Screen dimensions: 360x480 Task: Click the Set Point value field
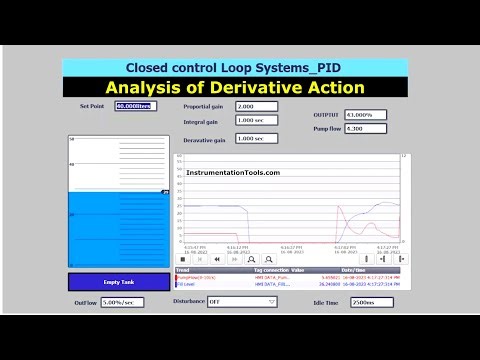(135, 105)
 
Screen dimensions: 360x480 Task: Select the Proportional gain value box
(255, 105)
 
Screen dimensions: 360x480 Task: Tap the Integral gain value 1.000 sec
(255, 121)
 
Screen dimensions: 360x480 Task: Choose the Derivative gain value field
(255, 139)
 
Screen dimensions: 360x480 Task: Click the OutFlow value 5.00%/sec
(120, 301)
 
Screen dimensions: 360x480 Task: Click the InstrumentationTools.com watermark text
(232, 172)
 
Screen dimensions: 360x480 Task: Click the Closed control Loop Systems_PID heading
(233, 67)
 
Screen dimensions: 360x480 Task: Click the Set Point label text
(92, 105)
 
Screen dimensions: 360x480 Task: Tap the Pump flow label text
(326, 129)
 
